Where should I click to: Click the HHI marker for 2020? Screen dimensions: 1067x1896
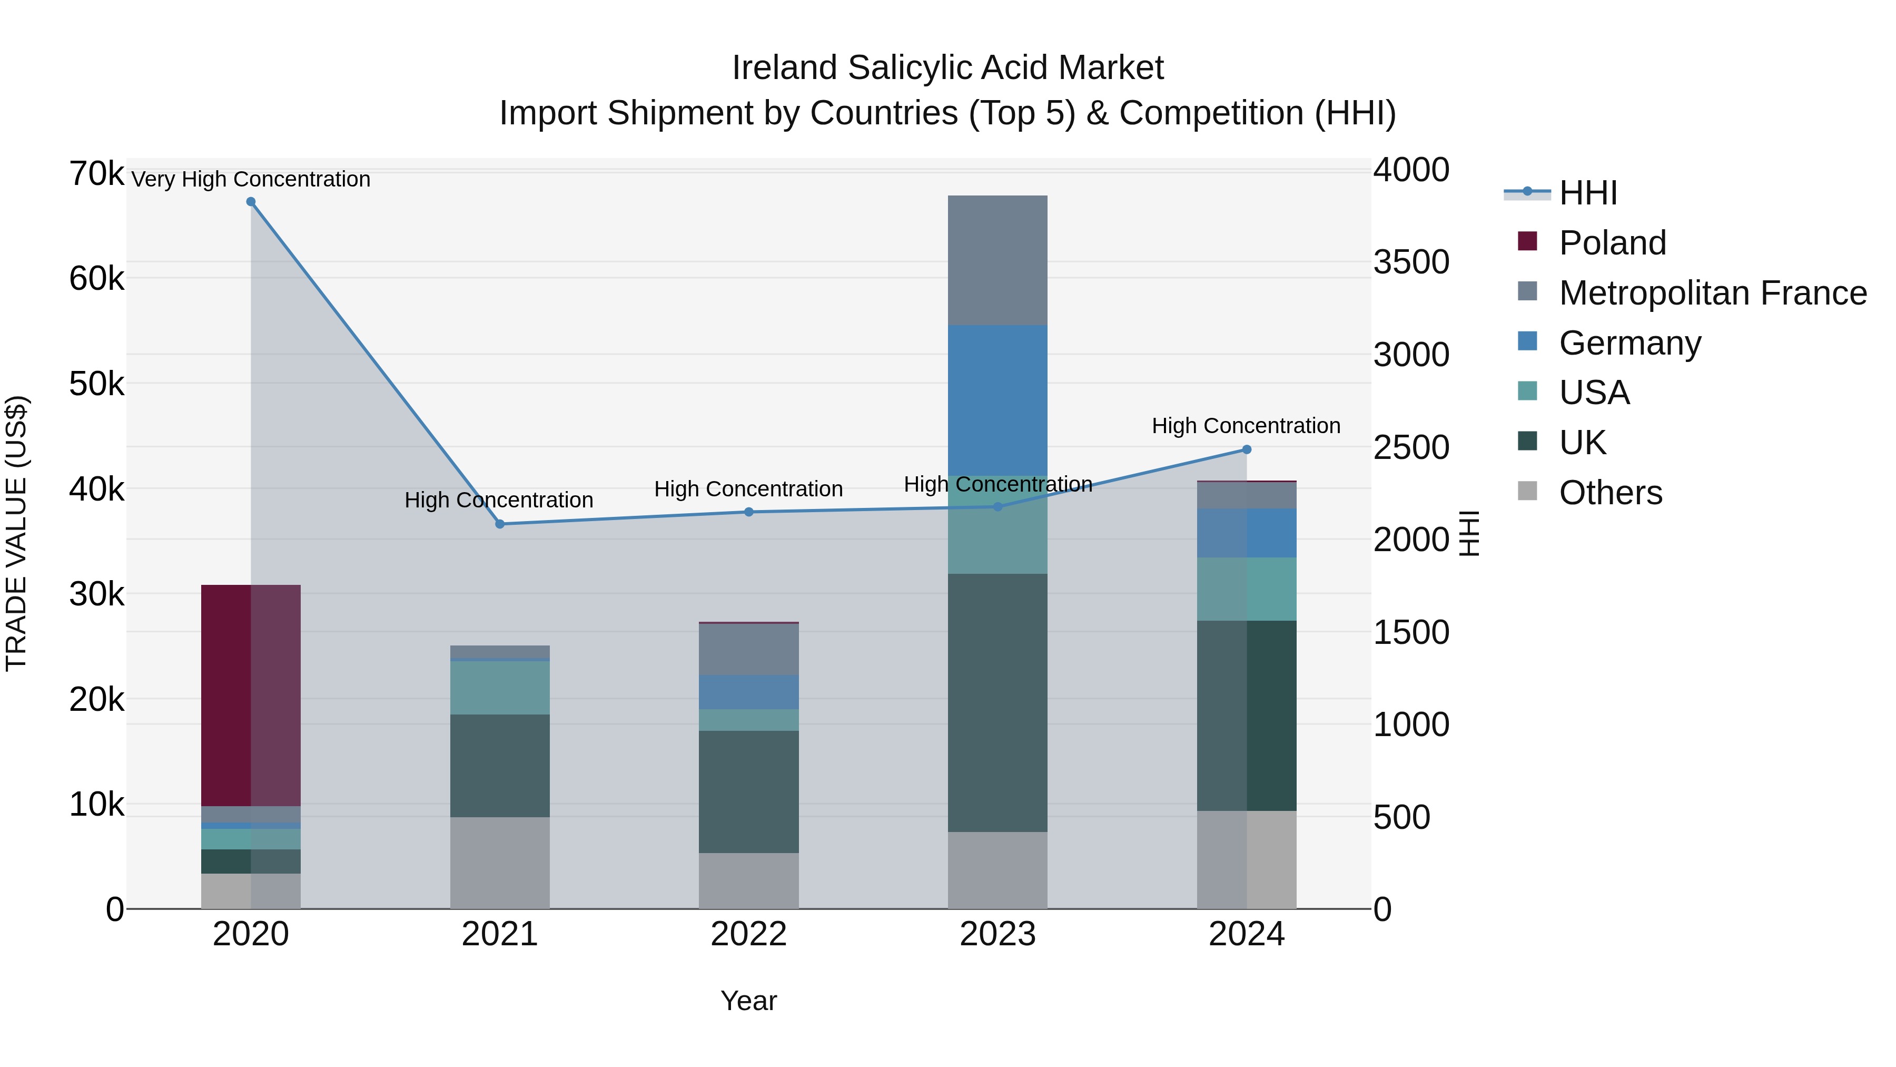pos(251,202)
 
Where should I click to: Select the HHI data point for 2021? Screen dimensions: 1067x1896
pos(500,524)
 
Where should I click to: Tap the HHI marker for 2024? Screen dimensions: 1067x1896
pos(1247,449)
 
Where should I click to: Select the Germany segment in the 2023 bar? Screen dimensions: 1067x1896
pos(998,400)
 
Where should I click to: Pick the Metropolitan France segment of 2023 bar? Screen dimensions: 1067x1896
pos(998,260)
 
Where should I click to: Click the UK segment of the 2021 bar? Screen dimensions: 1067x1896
pos(500,765)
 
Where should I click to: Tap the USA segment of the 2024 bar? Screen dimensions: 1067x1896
pos(1247,589)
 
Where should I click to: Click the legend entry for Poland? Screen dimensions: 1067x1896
pos(1612,243)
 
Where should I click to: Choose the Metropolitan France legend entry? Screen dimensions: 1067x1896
pos(1712,293)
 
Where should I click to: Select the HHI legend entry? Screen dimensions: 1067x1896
pos(1587,193)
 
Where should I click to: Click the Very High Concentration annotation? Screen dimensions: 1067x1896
pos(251,179)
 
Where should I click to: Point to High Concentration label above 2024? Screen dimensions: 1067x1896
pos(1246,426)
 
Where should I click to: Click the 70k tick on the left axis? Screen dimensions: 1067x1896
pos(96,174)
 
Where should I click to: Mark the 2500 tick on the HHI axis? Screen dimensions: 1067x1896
pos(1411,448)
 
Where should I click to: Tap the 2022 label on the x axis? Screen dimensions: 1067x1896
pos(748,934)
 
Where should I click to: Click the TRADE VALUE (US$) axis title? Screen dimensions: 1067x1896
pos(16,533)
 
